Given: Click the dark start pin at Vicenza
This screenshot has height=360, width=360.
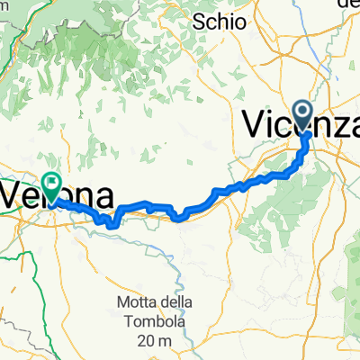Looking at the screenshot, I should [304, 115].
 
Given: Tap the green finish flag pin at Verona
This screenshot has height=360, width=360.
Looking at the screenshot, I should [51, 185].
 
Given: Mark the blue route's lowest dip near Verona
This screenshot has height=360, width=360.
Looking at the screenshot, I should [112, 225].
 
